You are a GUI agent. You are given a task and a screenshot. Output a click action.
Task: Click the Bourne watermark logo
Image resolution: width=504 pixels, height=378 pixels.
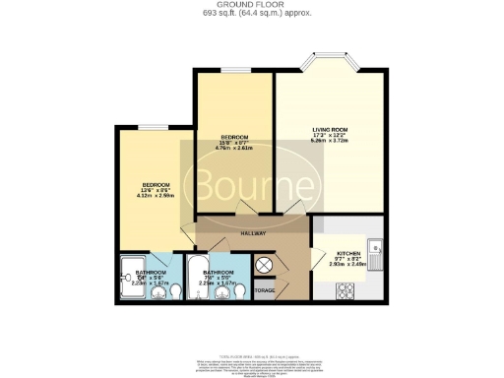253,185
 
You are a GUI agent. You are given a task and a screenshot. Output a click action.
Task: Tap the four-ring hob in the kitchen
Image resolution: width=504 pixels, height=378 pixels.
346,289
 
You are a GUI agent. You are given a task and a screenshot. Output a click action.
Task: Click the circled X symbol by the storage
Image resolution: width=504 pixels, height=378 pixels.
263,266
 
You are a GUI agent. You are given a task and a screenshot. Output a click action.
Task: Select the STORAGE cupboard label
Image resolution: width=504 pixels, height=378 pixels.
264,290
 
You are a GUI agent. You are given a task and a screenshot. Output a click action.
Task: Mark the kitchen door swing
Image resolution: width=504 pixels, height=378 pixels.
321,258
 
